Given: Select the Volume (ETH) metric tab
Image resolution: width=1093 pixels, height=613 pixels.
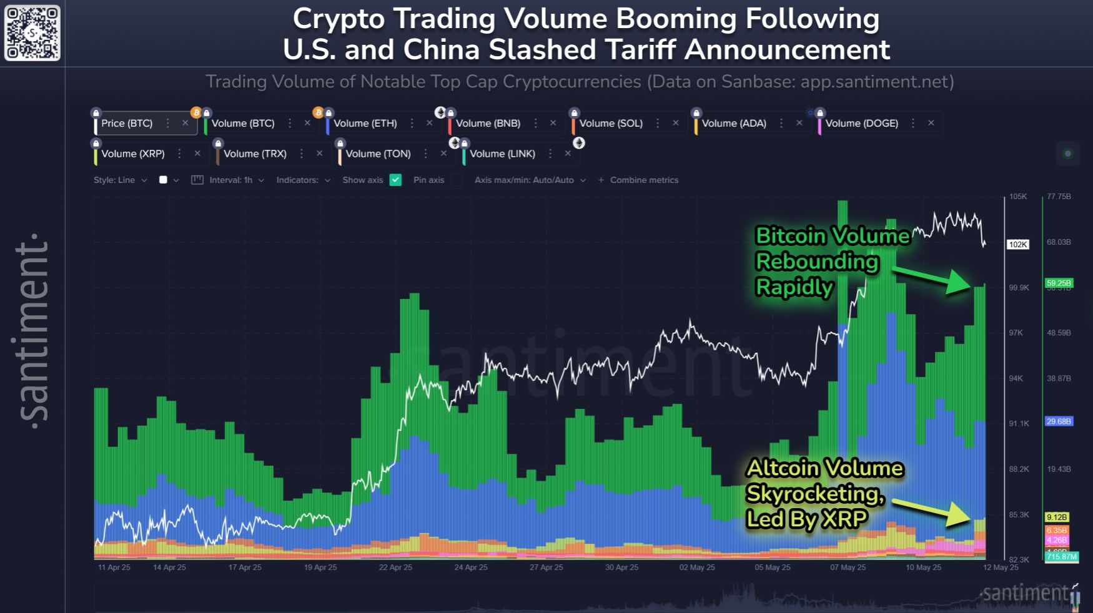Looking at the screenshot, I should tap(365, 124).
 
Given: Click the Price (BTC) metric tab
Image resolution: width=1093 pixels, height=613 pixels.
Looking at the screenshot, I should tap(127, 124).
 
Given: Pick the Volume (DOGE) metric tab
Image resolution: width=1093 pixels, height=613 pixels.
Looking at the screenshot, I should tap(861, 124).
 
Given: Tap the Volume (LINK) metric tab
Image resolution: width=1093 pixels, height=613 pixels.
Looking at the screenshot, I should tap(502, 154).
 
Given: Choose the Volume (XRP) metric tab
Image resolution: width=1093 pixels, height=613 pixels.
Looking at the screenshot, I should tap(132, 154).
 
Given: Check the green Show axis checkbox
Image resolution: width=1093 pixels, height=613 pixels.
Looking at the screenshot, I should tap(395, 180).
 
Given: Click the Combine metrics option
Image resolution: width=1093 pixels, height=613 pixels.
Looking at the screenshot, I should tap(643, 180).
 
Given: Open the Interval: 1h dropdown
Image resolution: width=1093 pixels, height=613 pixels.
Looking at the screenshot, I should tap(230, 180).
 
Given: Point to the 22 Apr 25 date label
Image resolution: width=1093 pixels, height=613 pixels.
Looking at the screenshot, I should tap(395, 567).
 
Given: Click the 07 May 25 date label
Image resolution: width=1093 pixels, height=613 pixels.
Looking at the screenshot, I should tap(848, 567).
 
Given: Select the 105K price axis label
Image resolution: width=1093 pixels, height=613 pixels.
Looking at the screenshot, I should tap(1018, 197).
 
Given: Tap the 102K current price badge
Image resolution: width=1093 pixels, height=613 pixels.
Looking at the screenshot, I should tap(1018, 245).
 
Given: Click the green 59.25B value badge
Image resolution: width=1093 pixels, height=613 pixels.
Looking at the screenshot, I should tap(1059, 283).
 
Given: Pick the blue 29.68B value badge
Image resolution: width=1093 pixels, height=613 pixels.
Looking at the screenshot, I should tap(1059, 421).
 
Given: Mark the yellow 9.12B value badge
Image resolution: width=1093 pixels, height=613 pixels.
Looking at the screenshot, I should tap(1057, 517).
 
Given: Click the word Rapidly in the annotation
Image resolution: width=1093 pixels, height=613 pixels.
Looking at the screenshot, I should tap(794, 288).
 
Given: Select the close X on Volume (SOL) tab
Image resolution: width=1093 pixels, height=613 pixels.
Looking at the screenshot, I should tap(676, 124).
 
